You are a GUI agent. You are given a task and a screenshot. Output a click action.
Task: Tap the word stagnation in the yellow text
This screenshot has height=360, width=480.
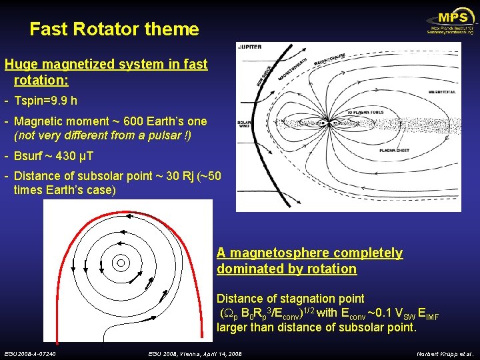(x=305, y=298)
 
